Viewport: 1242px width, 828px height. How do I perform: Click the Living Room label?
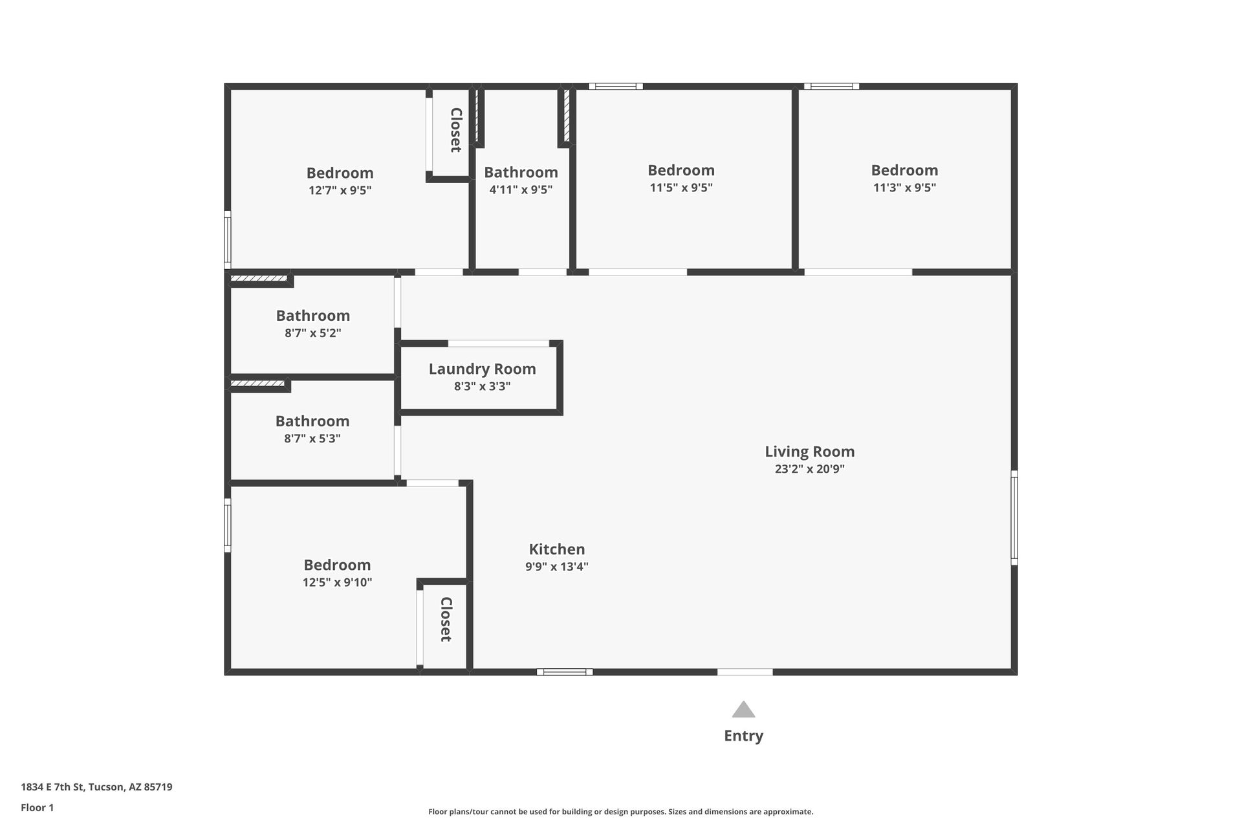[809, 452]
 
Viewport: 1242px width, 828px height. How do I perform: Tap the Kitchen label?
[556, 549]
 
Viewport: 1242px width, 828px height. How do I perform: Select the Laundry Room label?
[482, 369]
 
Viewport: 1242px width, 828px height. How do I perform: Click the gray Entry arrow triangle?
[743, 710]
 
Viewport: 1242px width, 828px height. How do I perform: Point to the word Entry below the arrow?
[743, 735]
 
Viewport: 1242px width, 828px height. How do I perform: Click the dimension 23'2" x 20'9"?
[809, 469]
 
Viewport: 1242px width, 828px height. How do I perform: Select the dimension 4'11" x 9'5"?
[521, 190]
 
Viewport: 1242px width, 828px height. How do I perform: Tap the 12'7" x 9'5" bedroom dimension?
[340, 191]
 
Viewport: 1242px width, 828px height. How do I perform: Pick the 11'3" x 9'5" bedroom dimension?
[904, 188]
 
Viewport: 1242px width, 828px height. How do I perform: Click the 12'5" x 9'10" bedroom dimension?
[337, 582]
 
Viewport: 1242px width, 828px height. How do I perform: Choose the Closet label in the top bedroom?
[455, 130]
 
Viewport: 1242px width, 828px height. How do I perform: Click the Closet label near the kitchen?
[446, 619]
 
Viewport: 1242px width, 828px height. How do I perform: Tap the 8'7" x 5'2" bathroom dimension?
[312, 333]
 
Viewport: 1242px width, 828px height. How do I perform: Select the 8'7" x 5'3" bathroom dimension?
[312, 439]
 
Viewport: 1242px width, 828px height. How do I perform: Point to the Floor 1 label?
[37, 807]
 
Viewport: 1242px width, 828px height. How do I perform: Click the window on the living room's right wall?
[1014, 517]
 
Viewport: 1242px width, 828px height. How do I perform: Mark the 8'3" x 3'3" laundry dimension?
[482, 386]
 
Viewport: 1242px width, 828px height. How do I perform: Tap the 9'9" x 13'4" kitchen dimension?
[556, 567]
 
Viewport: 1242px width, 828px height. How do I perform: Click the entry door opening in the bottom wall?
[745, 672]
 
